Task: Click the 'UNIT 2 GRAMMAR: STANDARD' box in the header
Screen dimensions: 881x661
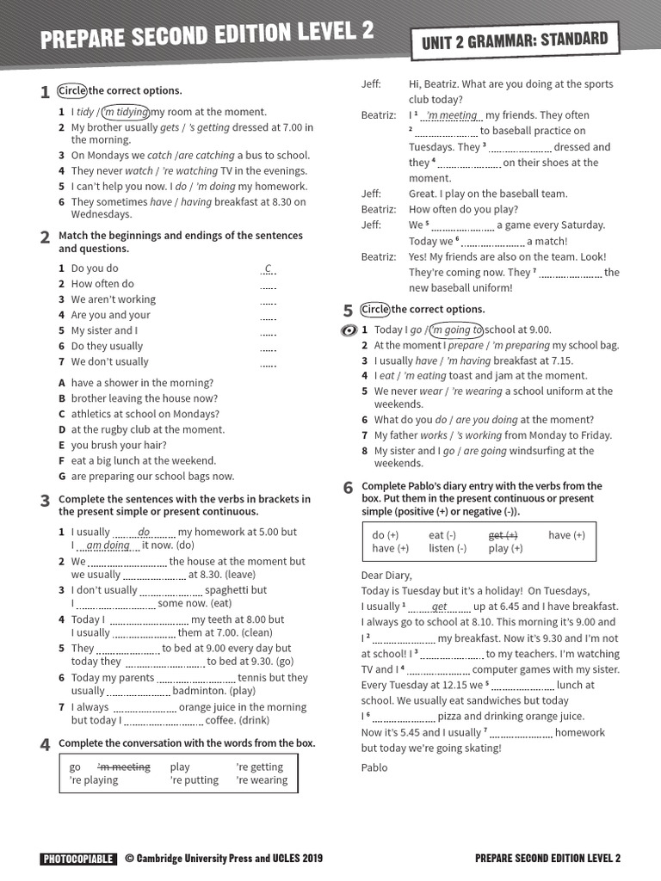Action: [515, 40]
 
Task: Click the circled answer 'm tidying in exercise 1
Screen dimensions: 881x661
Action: [126, 112]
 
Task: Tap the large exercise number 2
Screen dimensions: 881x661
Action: [45, 238]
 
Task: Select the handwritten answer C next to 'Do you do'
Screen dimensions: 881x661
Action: [269, 268]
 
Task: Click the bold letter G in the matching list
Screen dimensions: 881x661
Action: [62, 476]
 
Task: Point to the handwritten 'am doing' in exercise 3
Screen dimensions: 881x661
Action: [108, 545]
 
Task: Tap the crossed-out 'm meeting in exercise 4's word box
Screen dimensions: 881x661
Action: [123, 767]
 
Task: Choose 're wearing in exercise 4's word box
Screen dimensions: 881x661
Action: [262, 780]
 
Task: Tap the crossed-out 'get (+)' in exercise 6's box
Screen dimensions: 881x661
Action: [503, 535]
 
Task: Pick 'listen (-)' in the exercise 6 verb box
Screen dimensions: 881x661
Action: [448, 548]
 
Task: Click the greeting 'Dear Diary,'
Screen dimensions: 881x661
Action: [386, 576]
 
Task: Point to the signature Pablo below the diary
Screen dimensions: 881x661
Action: [374, 767]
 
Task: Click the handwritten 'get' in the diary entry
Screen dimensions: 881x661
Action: [439, 607]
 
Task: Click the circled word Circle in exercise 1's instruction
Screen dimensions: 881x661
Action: [72, 90]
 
